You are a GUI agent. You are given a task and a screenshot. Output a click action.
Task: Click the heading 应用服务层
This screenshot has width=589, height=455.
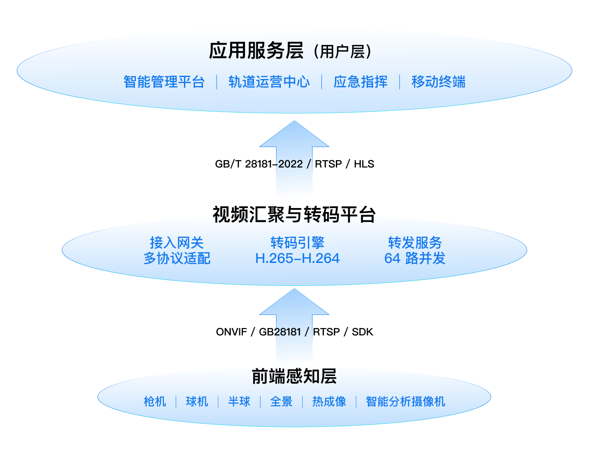(x=256, y=51)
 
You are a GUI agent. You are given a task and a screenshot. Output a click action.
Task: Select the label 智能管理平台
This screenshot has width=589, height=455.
(x=164, y=82)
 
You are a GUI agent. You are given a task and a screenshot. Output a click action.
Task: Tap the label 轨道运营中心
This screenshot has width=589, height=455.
(x=269, y=82)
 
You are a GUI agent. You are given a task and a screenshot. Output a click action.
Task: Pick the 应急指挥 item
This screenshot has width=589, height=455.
(x=360, y=82)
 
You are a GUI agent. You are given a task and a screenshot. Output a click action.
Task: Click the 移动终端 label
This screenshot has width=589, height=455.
(x=438, y=82)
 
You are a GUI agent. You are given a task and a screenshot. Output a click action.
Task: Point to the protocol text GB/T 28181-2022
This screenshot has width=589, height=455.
(x=259, y=164)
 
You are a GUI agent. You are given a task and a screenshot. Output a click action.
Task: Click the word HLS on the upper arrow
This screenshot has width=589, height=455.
(x=364, y=164)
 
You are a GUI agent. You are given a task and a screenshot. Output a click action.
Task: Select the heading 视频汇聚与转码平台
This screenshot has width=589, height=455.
(x=294, y=214)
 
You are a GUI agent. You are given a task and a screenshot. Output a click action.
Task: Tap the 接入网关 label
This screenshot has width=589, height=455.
(x=177, y=242)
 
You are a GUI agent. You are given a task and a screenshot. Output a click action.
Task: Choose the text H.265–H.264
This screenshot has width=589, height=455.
(x=297, y=258)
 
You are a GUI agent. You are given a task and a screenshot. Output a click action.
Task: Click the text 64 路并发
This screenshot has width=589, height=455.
(x=415, y=258)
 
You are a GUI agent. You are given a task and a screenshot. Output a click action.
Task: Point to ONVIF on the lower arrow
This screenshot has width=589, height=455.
(x=231, y=332)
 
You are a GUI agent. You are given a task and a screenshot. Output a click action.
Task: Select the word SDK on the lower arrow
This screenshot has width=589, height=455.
(x=362, y=332)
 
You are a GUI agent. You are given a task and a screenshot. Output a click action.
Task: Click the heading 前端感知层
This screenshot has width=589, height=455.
(x=294, y=376)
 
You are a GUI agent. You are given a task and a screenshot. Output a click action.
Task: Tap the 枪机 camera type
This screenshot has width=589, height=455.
(x=155, y=401)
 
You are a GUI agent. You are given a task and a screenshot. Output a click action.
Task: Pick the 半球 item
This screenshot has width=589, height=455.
(x=239, y=401)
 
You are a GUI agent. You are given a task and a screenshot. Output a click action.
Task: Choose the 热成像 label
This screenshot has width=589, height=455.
(x=329, y=401)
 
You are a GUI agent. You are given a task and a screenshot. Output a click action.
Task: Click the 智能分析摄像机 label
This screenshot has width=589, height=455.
(x=405, y=401)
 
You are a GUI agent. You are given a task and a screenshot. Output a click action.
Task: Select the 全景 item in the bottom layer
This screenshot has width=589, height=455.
(x=281, y=401)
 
